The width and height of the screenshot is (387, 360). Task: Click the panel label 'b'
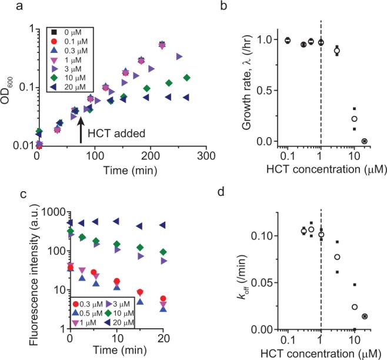(x=225, y=6)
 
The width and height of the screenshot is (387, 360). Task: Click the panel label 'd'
(x=225, y=190)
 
